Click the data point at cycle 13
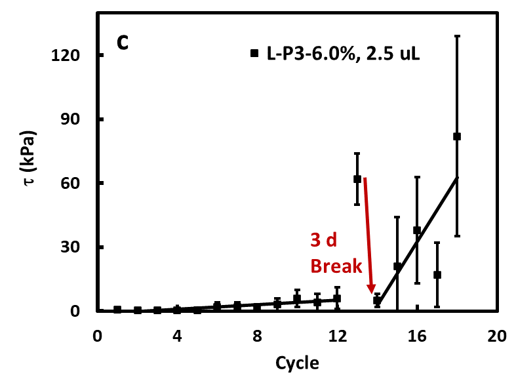357,178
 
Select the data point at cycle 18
457,136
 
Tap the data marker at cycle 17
437,275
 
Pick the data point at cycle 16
417,230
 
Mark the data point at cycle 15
397,266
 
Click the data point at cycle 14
377,300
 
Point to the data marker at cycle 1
117,310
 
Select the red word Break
336,266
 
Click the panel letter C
123,43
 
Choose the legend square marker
254,53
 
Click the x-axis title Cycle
297,363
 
